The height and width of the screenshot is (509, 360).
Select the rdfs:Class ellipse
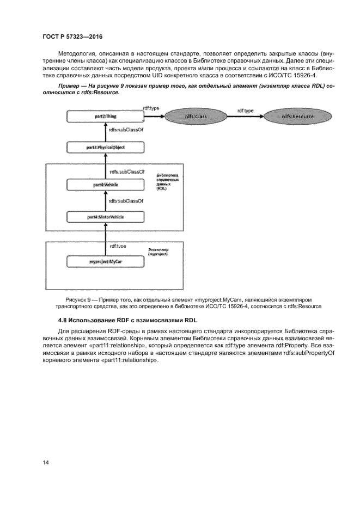tap(193, 116)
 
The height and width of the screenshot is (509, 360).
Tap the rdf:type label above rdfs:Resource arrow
tap(245, 111)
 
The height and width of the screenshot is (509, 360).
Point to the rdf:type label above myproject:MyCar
tap(118, 246)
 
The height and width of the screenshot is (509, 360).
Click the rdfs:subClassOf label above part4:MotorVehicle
tap(126, 201)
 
